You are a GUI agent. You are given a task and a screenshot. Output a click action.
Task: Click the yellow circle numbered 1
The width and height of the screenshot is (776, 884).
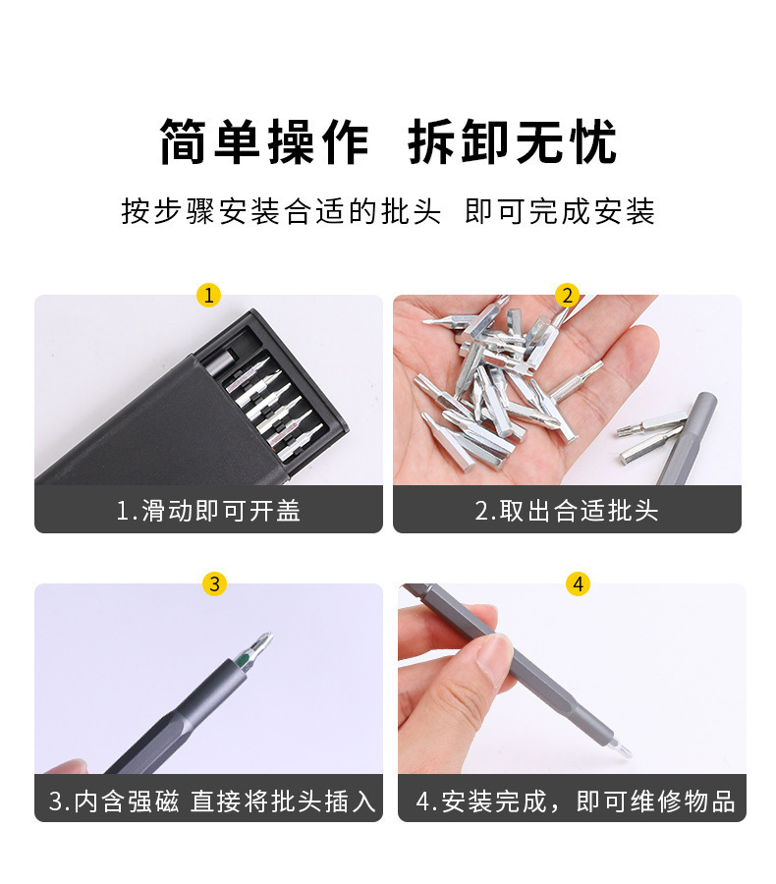tap(208, 295)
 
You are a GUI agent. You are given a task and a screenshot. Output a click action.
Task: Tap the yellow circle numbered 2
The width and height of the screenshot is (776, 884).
tap(567, 295)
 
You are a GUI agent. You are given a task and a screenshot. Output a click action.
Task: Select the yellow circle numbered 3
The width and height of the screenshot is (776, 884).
tap(215, 583)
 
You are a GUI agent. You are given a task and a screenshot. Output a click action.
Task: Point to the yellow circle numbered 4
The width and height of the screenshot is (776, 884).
tap(579, 583)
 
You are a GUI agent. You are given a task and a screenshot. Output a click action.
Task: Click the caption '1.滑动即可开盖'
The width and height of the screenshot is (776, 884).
tap(208, 511)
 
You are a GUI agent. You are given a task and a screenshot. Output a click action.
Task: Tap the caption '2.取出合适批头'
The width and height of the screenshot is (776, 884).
tap(567, 511)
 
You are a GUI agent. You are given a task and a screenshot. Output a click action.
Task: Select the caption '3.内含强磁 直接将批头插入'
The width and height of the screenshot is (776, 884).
tap(212, 801)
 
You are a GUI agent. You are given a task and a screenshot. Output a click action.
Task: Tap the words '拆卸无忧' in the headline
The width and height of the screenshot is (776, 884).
tap(512, 142)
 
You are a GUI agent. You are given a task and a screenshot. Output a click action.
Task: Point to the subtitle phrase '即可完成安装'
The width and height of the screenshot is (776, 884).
tap(560, 211)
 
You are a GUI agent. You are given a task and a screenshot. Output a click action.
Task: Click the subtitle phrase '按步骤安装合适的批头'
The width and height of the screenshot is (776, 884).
tap(281, 211)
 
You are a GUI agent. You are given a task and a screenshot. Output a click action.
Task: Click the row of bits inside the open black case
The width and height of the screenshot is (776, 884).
tap(270, 403)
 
